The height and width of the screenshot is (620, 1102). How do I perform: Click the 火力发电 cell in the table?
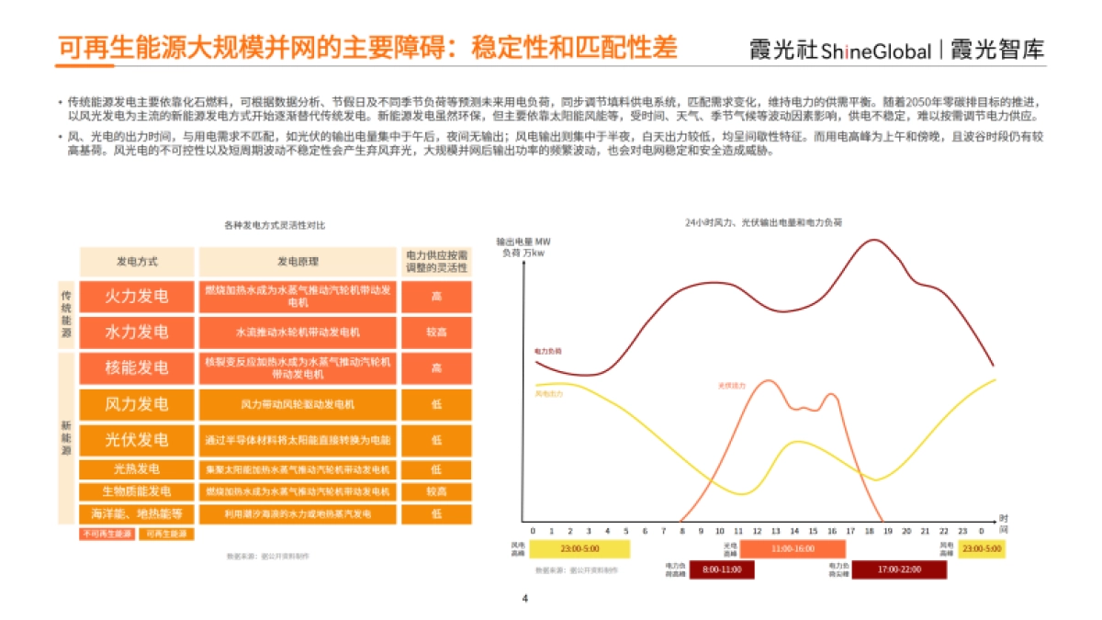pos(137,296)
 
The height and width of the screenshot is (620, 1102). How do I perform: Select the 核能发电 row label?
pos(137,367)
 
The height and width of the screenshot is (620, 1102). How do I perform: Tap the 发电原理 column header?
pos(298,261)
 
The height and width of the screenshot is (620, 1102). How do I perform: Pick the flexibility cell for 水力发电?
pos(436,332)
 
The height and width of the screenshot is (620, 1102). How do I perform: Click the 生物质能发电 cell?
pos(137,491)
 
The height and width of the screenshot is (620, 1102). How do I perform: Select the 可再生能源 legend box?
pos(166,534)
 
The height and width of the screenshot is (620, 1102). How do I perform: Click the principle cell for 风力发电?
pos(298,404)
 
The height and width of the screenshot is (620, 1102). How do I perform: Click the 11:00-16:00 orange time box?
pos(793,549)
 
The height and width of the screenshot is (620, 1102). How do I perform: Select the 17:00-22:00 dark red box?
pos(898,569)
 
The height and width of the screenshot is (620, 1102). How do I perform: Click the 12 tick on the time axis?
pos(757,532)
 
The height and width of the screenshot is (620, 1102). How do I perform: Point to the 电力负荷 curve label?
pos(548,351)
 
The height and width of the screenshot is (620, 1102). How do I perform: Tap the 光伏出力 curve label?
pos(732,385)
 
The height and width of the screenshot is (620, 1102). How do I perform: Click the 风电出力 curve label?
pos(548,394)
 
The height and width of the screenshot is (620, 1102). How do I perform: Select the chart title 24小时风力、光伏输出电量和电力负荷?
pos(763,223)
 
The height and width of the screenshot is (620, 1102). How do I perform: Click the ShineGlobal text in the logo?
pos(876,51)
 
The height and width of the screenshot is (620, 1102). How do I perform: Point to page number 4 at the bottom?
pos(525,600)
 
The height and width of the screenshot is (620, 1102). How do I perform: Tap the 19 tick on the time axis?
pos(888,532)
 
